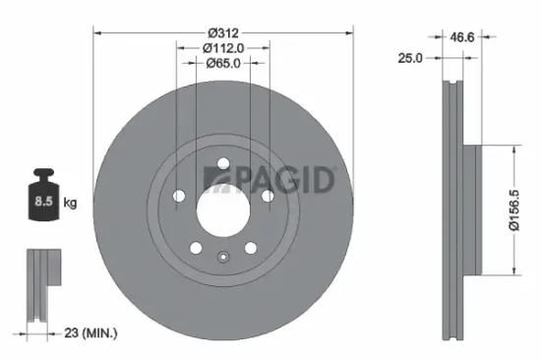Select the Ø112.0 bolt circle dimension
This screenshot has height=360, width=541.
coord(222,46)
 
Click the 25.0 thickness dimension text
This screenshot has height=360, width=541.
coord(410,58)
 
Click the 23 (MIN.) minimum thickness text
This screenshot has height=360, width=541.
coord(86,333)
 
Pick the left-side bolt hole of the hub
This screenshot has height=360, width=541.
coord(178,196)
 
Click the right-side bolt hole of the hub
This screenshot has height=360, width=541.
coord(267,196)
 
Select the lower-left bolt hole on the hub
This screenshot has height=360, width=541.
coord(195,247)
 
